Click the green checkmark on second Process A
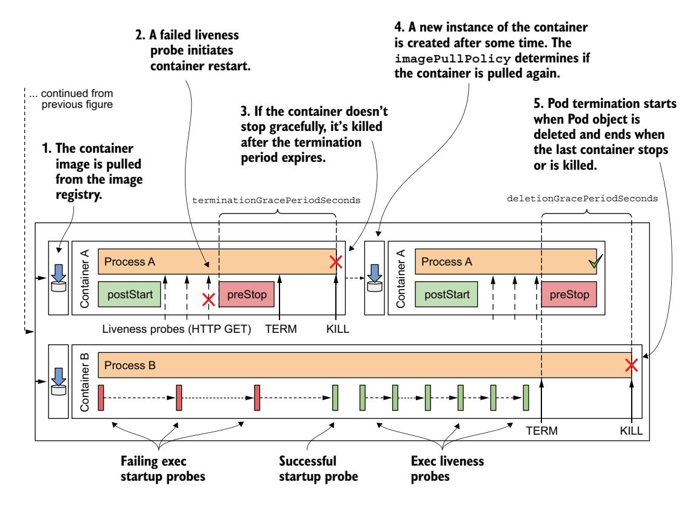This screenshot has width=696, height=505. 597,261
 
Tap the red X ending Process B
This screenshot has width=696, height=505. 632,365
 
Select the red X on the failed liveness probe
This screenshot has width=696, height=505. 209,299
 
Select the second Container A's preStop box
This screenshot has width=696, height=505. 569,295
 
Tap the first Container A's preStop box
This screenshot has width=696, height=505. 246,295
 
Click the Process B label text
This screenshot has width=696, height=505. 129,366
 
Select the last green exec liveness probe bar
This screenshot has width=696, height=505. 526,398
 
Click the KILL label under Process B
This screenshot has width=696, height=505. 631,431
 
